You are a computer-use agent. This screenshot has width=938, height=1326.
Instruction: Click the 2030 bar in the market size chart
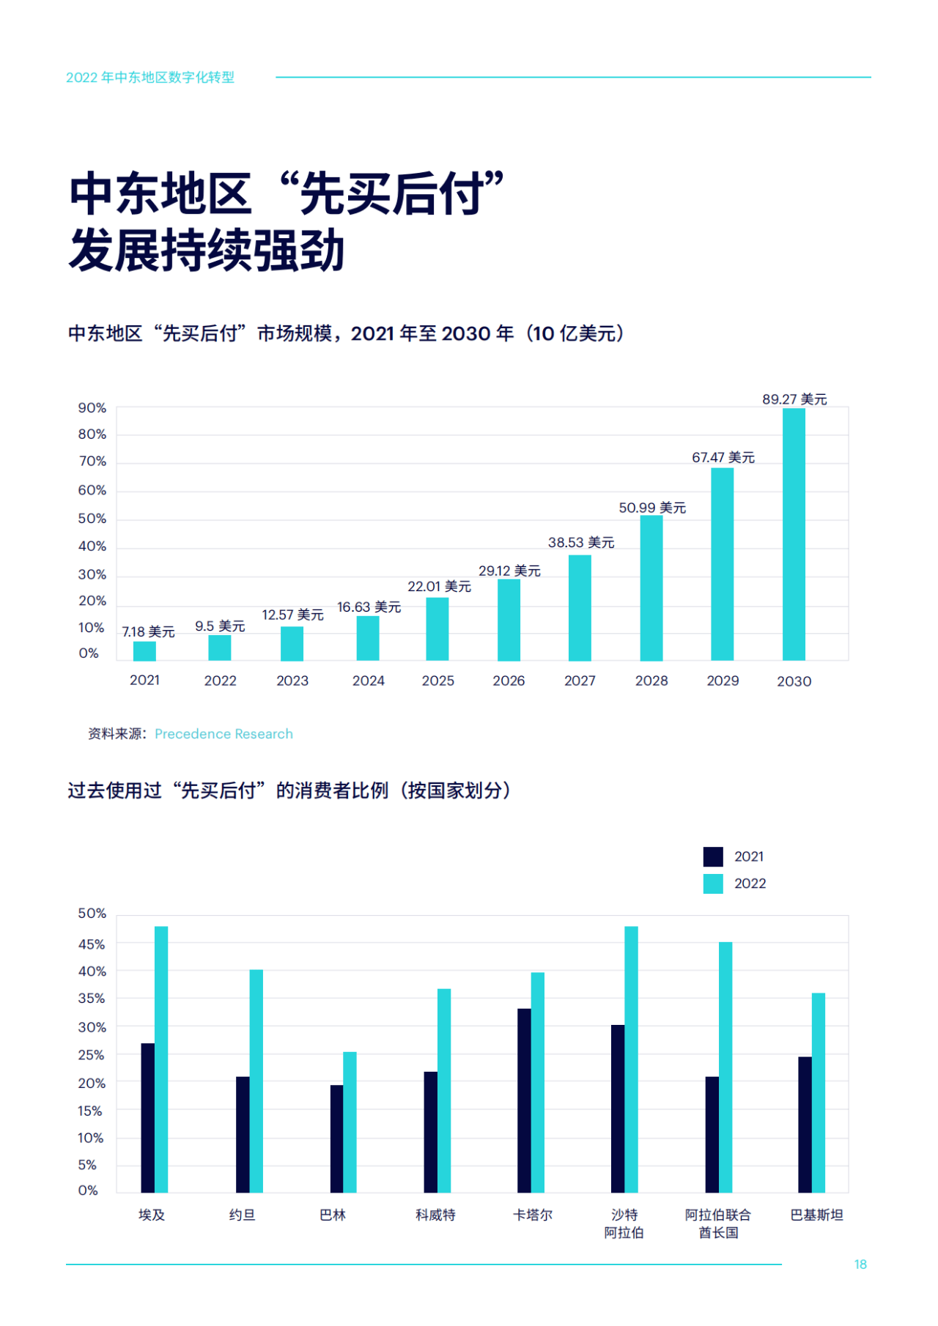[x=794, y=534]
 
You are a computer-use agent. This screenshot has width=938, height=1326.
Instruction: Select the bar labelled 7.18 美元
[x=144, y=651]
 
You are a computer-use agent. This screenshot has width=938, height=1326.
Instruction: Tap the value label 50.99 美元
[x=651, y=508]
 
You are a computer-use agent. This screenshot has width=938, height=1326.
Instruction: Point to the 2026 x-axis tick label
[x=509, y=681]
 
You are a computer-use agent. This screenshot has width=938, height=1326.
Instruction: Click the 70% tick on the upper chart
[x=92, y=462]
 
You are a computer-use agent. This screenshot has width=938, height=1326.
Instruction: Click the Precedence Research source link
[x=224, y=734]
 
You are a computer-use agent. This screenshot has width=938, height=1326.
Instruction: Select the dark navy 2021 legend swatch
[x=713, y=856]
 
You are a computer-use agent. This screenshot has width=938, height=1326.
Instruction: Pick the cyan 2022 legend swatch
[x=713, y=884]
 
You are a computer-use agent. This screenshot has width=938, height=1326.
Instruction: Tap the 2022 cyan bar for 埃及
[x=161, y=1059]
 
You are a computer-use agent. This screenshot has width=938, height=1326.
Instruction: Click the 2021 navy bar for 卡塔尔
[x=524, y=1100]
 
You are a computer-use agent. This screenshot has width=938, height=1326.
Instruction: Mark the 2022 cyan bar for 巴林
[x=350, y=1122]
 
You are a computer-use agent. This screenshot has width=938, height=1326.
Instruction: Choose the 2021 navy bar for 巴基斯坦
[x=805, y=1125]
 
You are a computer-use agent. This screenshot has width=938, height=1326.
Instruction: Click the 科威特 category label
[x=435, y=1215]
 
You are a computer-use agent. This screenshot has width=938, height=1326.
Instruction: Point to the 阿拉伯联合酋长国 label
[x=718, y=1223]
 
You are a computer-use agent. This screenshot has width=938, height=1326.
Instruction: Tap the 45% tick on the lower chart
[x=92, y=944]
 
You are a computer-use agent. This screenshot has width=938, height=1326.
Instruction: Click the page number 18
[x=860, y=1264]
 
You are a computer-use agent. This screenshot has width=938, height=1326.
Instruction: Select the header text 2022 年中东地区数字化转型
[x=150, y=78]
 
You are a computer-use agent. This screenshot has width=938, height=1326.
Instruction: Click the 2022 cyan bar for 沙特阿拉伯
[x=631, y=1059]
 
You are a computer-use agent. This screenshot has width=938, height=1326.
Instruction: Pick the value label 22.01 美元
[x=439, y=586]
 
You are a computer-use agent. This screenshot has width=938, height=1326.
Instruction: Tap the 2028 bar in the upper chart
[x=651, y=588]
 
